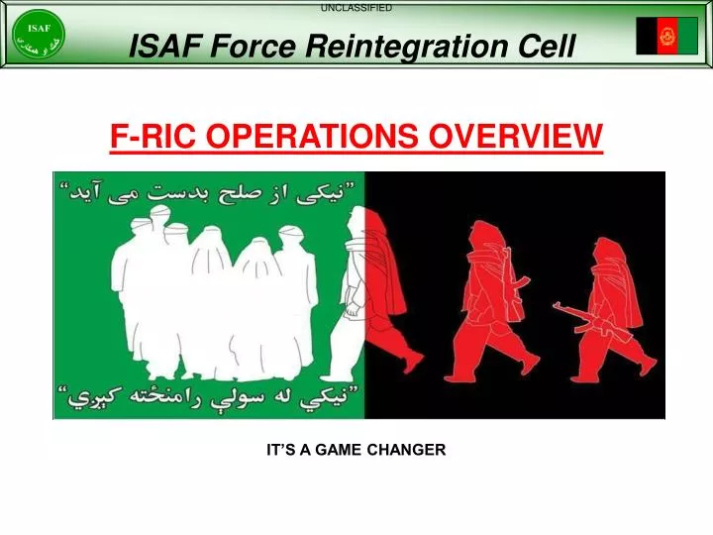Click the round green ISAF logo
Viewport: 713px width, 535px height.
point(37,36)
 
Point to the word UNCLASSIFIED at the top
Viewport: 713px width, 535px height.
point(356,8)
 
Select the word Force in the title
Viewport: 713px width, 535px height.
point(250,45)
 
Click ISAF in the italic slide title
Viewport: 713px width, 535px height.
point(161,45)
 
